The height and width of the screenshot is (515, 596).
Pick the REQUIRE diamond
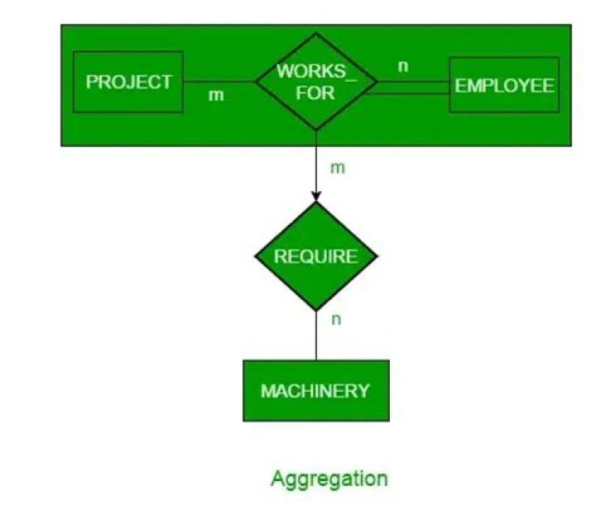315,256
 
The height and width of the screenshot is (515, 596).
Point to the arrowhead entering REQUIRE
315,196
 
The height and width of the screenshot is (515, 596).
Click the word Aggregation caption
329,479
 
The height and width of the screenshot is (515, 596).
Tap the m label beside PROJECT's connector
215,96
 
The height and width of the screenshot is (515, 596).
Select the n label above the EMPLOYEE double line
403,66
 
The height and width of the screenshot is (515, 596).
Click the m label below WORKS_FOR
337,168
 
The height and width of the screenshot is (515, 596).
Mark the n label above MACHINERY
335,320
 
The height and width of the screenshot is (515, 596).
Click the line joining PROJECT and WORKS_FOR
219,82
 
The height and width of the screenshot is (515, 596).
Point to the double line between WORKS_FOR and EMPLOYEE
410,87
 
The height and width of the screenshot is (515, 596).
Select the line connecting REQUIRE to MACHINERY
315,335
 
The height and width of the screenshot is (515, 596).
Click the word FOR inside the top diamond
315,93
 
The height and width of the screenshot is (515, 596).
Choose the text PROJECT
128,83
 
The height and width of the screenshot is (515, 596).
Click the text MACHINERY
315,390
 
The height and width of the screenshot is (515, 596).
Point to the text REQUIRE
315,256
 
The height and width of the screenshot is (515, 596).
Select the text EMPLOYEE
503,86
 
